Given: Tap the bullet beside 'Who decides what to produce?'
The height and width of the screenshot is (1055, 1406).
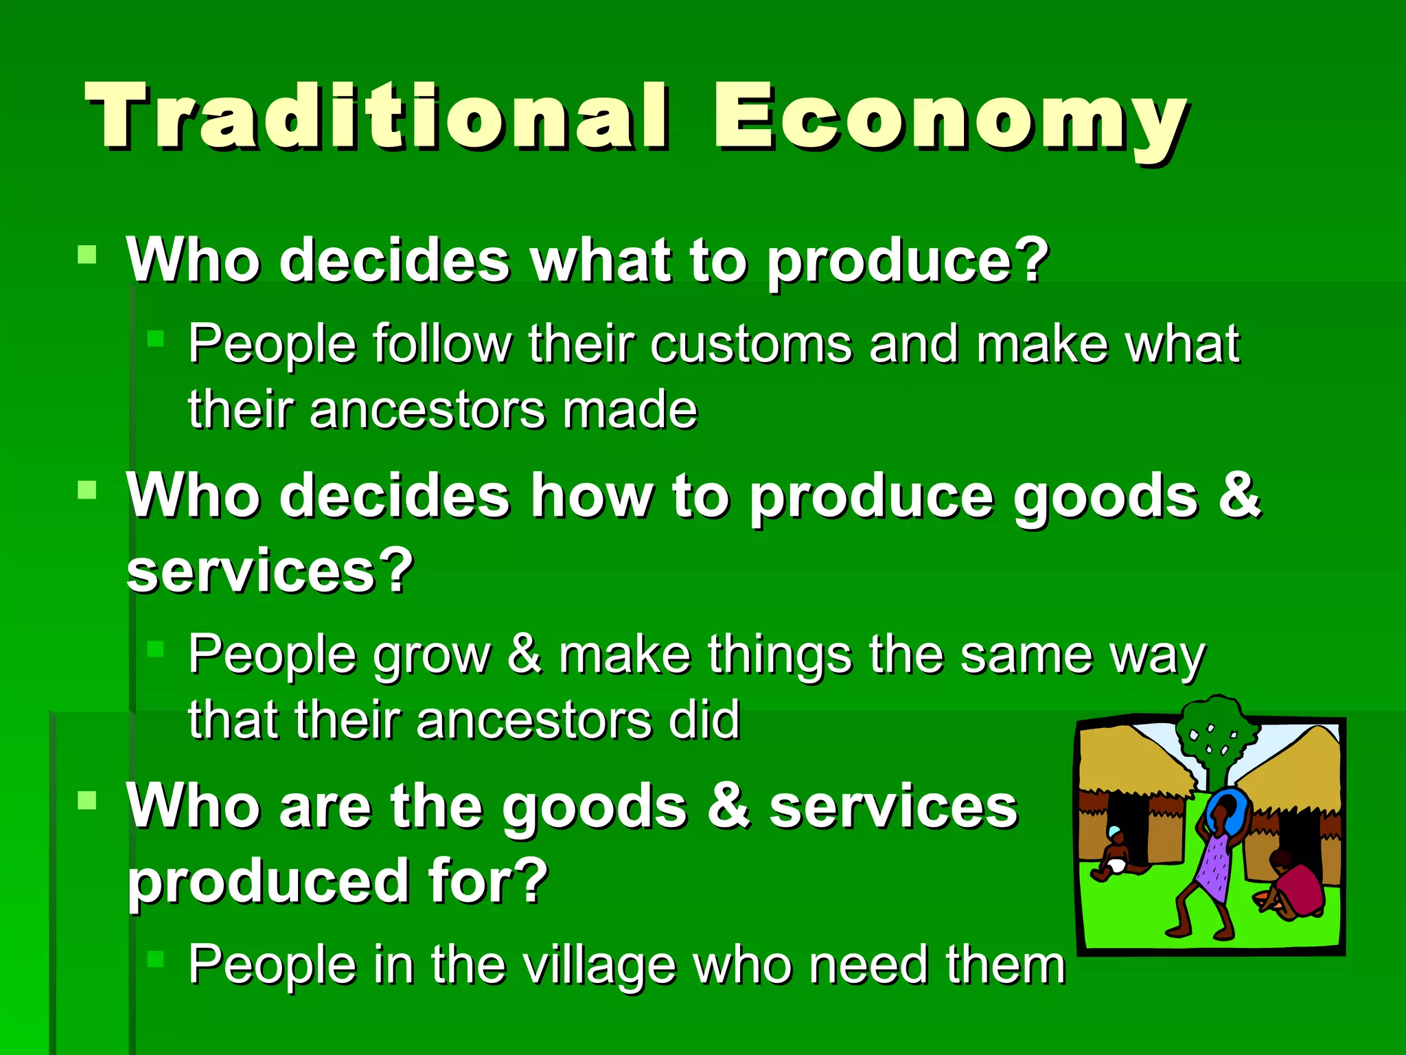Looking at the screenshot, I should tap(87, 256).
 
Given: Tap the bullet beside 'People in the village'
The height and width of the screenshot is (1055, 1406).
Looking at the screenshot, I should tap(156, 959).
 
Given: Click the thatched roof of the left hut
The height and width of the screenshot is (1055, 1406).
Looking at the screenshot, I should tap(1133, 762).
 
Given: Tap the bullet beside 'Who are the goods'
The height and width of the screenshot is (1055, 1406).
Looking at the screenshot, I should tap(87, 800).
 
